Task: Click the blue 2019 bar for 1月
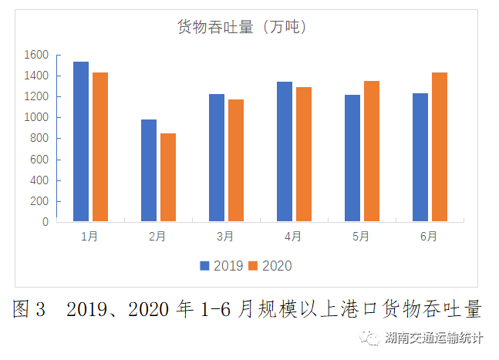pyautogui.click(x=81, y=142)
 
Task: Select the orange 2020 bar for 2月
pyautogui.click(x=168, y=177)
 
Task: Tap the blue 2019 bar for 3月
pyautogui.click(x=217, y=158)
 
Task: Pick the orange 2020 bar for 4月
pyautogui.click(x=304, y=154)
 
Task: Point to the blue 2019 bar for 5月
pyautogui.click(x=352, y=158)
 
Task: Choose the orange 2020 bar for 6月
pyautogui.click(x=440, y=147)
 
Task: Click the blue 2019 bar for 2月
pyautogui.click(x=149, y=170)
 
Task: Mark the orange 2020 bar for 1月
pyautogui.click(x=100, y=147)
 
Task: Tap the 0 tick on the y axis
pyautogui.click(x=46, y=222)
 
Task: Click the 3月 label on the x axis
pyautogui.click(x=225, y=237)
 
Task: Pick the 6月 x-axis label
pyautogui.click(x=429, y=237)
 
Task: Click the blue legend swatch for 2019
pyautogui.click(x=205, y=266)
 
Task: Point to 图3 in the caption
pyautogui.click(x=29, y=310)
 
